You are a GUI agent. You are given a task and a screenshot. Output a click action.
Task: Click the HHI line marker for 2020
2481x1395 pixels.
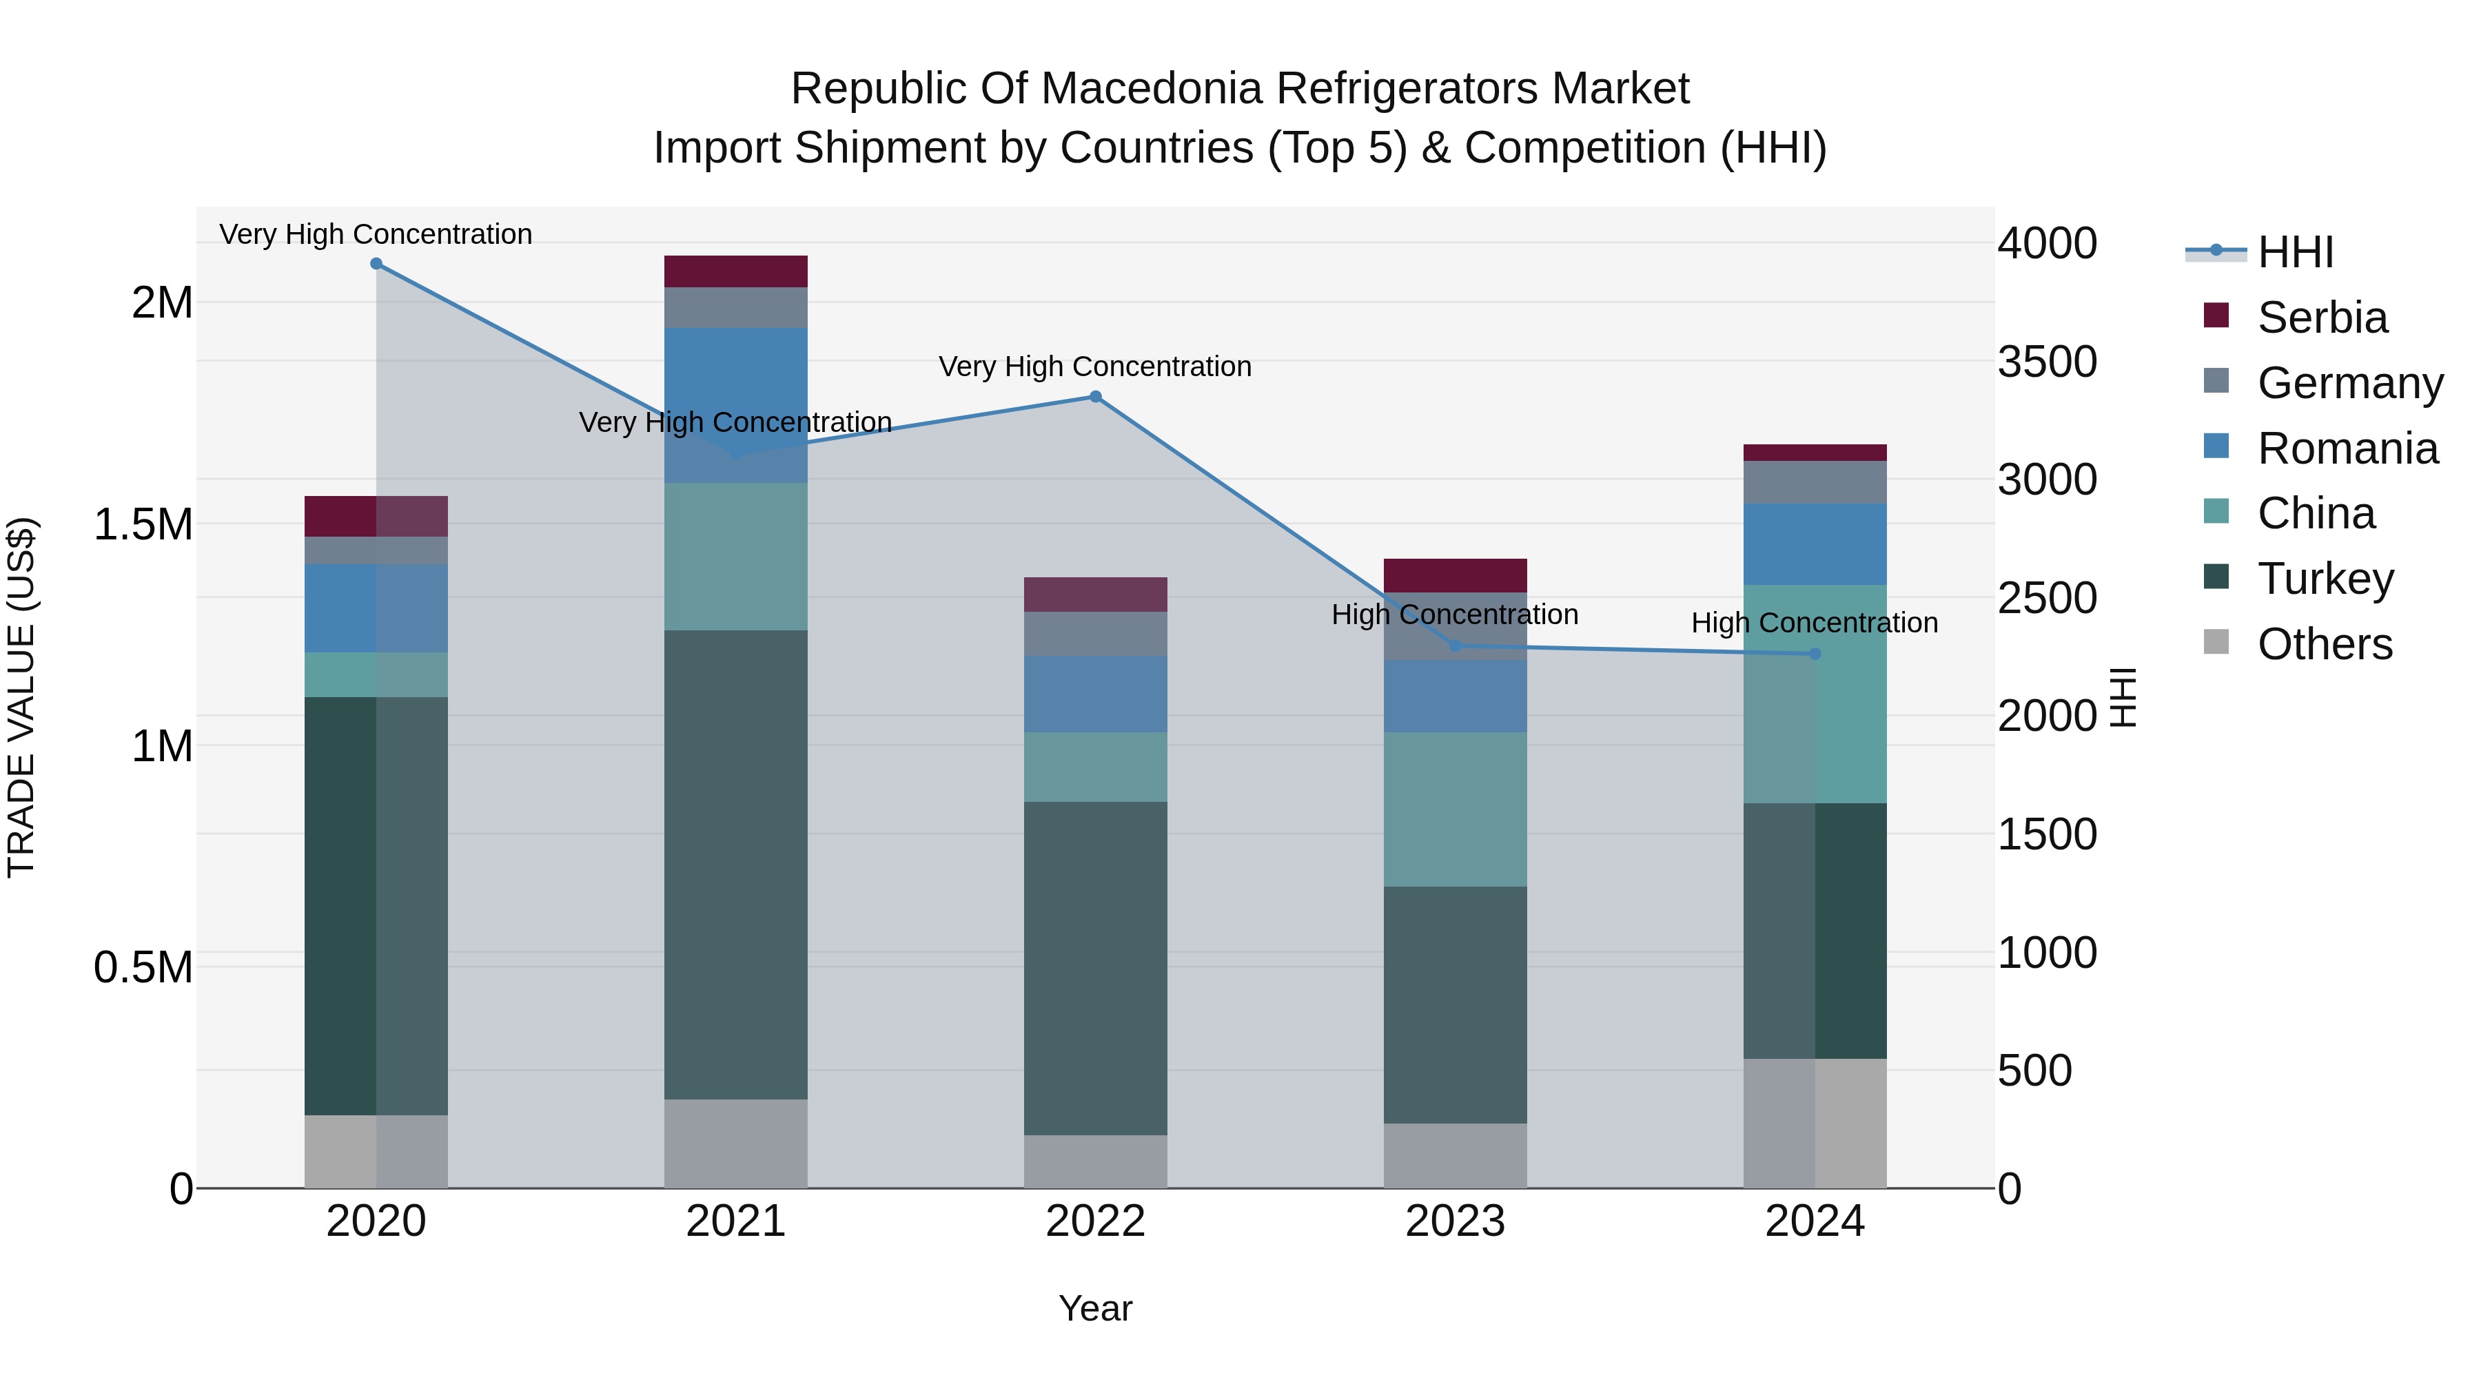376,264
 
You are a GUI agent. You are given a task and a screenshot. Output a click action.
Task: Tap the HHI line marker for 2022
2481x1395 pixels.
1095,397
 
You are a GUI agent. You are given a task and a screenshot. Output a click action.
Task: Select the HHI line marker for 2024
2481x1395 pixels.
1815,654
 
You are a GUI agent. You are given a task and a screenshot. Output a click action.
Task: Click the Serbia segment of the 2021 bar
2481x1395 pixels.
736,271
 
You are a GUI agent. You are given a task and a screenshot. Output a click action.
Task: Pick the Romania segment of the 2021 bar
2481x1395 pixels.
736,404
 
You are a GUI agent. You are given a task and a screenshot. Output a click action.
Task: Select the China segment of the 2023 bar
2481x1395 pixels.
1456,809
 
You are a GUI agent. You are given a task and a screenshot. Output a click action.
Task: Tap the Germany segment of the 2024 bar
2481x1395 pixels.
1815,482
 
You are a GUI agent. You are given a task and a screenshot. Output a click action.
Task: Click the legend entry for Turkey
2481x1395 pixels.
2325,579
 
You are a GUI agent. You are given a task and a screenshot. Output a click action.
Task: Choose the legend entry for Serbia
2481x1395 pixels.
2321,318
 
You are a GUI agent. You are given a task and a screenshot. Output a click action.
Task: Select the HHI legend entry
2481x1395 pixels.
2294,252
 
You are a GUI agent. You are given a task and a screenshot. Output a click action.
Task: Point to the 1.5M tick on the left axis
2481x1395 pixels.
143,525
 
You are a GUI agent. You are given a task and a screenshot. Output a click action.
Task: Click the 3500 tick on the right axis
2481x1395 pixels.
2047,362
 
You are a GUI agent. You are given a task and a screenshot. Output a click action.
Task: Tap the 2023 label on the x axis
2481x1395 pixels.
1456,1221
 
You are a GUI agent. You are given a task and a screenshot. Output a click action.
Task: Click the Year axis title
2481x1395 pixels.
1095,1308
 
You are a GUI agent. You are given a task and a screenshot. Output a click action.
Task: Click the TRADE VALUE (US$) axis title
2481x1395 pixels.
21,697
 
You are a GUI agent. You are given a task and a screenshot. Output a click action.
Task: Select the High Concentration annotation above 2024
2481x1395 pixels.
1815,623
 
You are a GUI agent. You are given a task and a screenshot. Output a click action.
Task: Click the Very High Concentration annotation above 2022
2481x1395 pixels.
1095,366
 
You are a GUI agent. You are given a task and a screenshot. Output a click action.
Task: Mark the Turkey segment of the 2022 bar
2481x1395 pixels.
1095,968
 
